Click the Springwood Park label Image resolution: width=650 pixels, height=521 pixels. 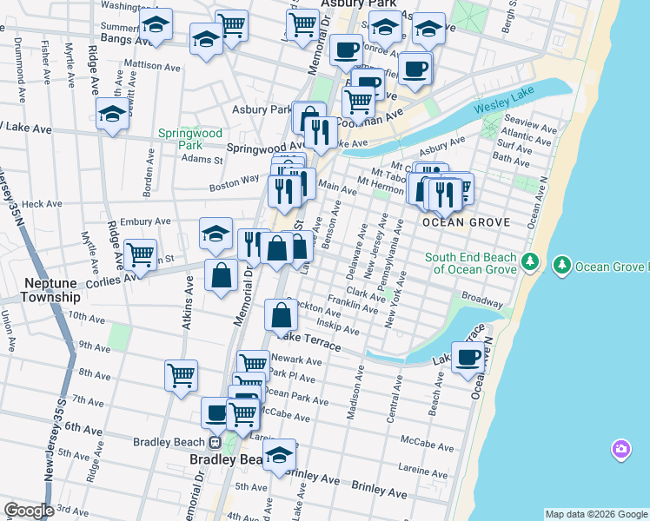pos(180,139)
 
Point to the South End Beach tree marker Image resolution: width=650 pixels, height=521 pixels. pos(532,263)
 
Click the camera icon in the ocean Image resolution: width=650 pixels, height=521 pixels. pos(620,449)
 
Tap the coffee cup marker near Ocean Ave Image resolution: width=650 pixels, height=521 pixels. pos(468,356)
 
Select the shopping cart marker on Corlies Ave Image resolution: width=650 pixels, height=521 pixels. pos(140,254)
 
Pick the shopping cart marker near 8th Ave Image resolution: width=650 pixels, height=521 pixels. pos(181,375)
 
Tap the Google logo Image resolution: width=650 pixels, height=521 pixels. pos(29,511)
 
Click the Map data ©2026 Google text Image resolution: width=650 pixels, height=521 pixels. pos(595,514)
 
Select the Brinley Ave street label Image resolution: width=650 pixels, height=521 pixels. pos(381,491)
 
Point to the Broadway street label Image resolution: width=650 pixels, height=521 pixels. pos(482,300)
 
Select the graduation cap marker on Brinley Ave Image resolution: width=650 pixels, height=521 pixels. pos(279,455)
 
